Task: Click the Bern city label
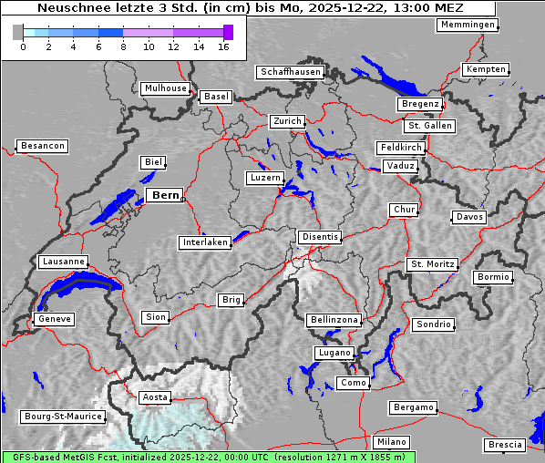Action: [x=164, y=195]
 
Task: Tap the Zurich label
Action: [x=286, y=121]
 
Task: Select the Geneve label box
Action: [x=53, y=319]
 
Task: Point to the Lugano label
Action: [x=334, y=353]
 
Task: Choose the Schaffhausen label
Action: [x=290, y=72]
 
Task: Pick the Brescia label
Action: [x=505, y=445]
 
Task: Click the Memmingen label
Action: [x=468, y=25]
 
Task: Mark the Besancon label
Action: [x=42, y=146]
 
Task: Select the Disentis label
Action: [x=320, y=237]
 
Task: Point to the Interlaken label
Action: [x=205, y=242]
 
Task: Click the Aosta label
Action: [x=154, y=397]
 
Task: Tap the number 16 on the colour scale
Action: [x=223, y=46]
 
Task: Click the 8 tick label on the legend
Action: [x=123, y=46]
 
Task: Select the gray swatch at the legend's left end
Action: [x=18, y=32]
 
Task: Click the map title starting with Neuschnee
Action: [x=246, y=7]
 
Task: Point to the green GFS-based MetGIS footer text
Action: [x=208, y=457]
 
